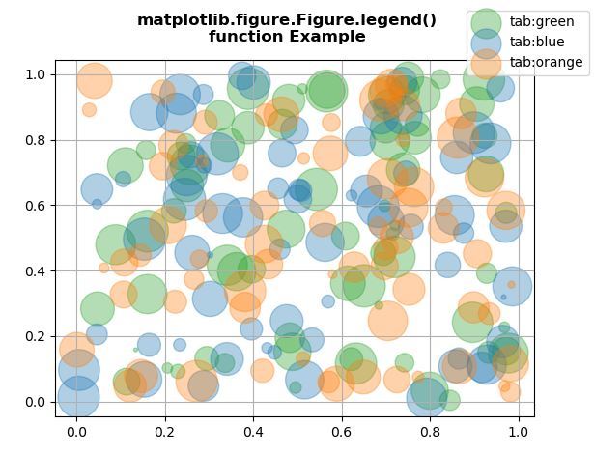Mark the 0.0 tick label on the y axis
point(37,402)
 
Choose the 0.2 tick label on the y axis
point(37,336)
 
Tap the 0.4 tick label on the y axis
point(37,270)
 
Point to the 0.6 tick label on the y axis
point(37,206)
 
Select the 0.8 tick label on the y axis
point(37,140)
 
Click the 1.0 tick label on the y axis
point(37,74)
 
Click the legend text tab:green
point(542,21)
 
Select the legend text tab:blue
point(538,42)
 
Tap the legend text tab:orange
point(546,62)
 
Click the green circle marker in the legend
point(486,22)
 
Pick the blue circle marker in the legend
point(486,43)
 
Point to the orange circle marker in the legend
point(486,62)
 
